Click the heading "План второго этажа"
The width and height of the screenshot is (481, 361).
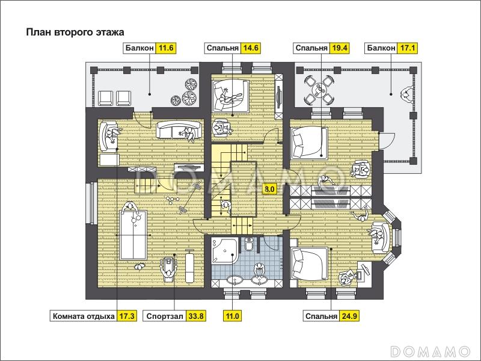75,32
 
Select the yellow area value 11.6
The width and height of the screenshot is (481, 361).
166,48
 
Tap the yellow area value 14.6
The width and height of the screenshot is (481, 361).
251,48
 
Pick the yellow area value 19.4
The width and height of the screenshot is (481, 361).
339,48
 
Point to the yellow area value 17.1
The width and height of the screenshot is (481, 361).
408,48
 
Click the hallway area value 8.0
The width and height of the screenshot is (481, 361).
269,189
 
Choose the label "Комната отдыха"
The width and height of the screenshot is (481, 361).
84,316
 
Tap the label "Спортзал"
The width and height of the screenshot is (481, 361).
165,316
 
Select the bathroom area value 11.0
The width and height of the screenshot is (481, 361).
233,316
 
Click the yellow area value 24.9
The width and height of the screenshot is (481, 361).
349,316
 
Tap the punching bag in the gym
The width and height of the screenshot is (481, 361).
190,266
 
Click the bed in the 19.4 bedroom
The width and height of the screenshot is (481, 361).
309,143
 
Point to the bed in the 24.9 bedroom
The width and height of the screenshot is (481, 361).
310,264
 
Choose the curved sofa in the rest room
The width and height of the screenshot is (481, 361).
179,129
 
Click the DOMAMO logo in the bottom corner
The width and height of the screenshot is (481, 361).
430,351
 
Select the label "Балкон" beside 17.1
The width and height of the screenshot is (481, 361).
381,48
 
